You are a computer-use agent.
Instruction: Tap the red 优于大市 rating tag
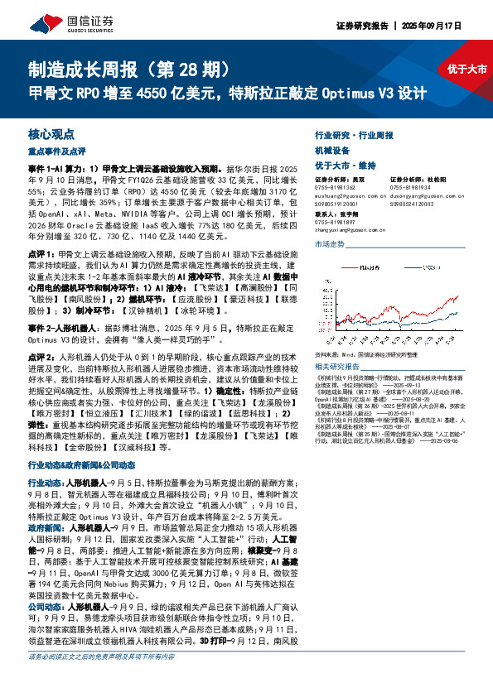[466, 70]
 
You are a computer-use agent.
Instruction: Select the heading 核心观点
[51, 133]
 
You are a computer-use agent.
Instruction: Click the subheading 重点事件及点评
[57, 151]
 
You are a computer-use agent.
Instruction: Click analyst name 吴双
[359, 179]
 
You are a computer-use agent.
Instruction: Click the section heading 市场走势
[330, 244]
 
